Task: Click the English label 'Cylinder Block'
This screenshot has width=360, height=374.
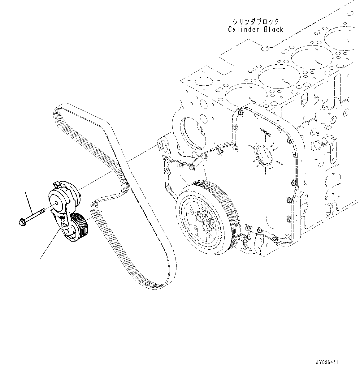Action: pyautogui.click(x=255, y=30)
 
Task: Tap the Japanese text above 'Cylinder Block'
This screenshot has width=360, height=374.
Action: pyautogui.click(x=256, y=22)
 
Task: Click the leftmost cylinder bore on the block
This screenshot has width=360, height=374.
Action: pyautogui.click(x=240, y=96)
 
